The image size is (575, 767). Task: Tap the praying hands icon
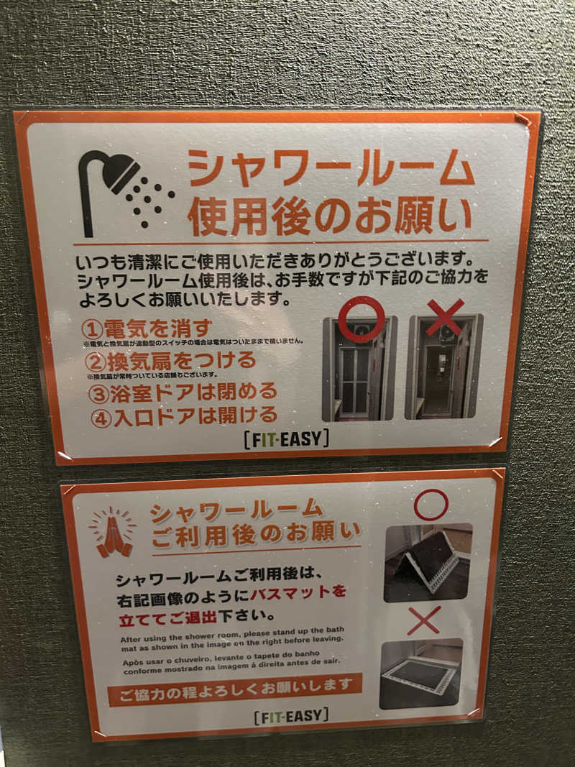[114, 533]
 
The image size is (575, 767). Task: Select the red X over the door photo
[444, 317]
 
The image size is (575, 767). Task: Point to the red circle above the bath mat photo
[431, 504]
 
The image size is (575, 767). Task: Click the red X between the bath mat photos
[424, 620]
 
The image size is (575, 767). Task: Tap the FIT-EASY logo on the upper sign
[286, 438]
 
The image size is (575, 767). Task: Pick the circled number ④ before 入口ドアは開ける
[101, 417]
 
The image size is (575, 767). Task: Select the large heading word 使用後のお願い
[330, 216]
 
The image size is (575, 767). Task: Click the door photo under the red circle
[359, 370]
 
